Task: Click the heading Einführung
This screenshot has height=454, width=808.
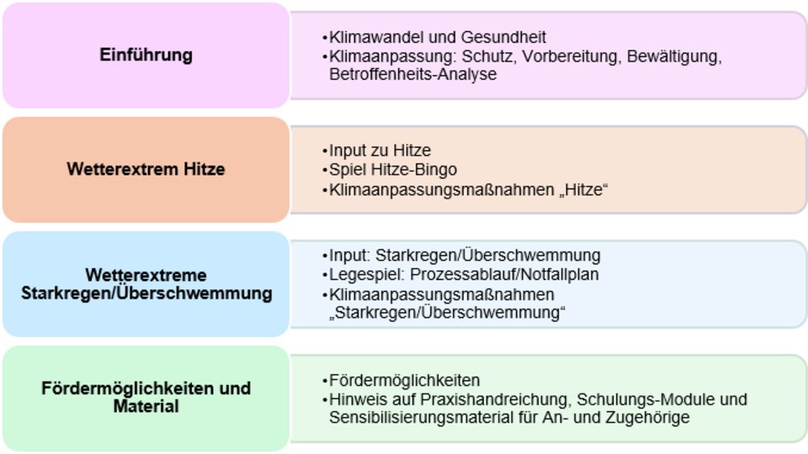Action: [x=146, y=55]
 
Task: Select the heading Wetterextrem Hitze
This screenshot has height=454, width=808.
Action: [x=146, y=169]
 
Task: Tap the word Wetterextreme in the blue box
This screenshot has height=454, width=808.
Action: [x=146, y=275]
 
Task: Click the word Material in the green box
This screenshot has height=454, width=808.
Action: [x=146, y=406]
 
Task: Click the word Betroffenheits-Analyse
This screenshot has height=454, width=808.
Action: [x=412, y=74]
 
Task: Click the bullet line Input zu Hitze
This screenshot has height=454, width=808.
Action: [x=380, y=150]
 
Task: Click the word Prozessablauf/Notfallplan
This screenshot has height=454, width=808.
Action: [x=504, y=274]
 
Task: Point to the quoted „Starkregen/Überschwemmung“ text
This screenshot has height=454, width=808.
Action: [x=447, y=313]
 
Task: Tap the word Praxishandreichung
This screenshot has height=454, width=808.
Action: [x=495, y=399]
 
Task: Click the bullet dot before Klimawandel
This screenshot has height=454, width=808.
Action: [x=325, y=38]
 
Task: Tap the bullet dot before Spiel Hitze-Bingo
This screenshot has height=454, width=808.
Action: [x=325, y=170]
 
